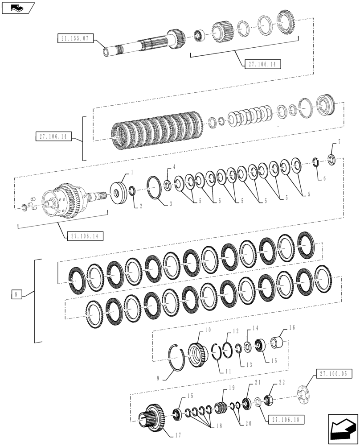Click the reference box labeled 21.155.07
pyautogui.click(x=75, y=39)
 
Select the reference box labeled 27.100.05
pyautogui.click(x=333, y=374)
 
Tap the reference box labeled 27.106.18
pyautogui.click(x=284, y=420)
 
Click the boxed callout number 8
pyautogui.click(x=16, y=294)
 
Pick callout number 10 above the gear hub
pyautogui.click(x=208, y=330)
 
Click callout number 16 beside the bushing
pyautogui.click(x=292, y=327)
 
